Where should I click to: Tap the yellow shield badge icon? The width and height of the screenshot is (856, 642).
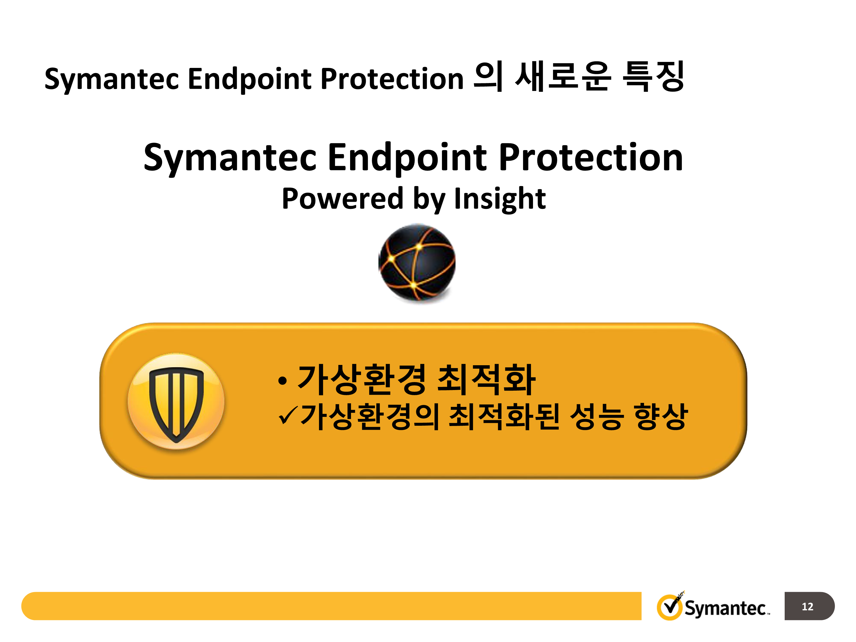pyautogui.click(x=176, y=401)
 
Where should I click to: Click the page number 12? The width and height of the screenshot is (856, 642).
pyautogui.click(x=807, y=606)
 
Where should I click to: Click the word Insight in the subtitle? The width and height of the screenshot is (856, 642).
pyautogui.click(x=500, y=199)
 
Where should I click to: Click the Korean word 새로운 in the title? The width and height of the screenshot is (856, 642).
pyautogui.click(x=564, y=76)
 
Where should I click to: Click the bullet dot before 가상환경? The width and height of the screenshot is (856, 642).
pyautogui.click(x=282, y=381)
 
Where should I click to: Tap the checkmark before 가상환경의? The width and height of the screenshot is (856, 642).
pyautogui.click(x=288, y=416)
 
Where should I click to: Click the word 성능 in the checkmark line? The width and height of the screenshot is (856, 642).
pyautogui.click(x=596, y=416)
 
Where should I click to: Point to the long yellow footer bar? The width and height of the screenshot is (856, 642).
pyautogui.click(x=331, y=606)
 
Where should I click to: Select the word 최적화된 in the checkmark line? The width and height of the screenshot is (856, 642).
pyautogui.click(x=504, y=416)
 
